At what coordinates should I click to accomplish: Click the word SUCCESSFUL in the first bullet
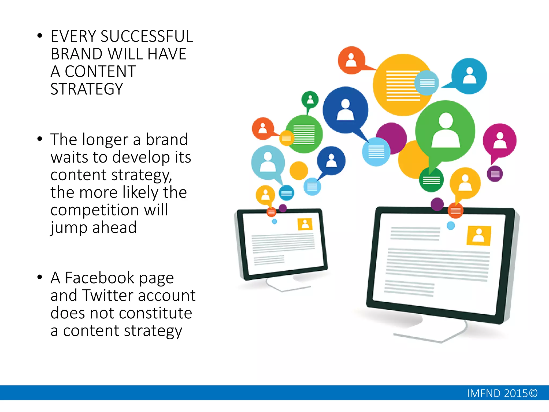pos(146,36)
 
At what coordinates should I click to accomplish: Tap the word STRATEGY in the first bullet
pos(87,89)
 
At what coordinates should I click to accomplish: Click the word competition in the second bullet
pos(95,210)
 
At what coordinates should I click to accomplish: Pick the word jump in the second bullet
pos(69,228)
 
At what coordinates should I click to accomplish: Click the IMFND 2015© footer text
pos(502,393)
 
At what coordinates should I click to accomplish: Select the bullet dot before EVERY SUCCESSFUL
pos(40,36)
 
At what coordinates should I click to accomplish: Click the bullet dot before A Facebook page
pos(40,277)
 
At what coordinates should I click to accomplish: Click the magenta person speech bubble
pos(499,141)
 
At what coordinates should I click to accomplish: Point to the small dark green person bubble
pos(310,100)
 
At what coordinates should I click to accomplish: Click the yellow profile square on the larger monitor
pos(479,236)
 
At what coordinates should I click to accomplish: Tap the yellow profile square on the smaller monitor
pos(305,224)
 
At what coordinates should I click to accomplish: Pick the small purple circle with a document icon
pos(495,174)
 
